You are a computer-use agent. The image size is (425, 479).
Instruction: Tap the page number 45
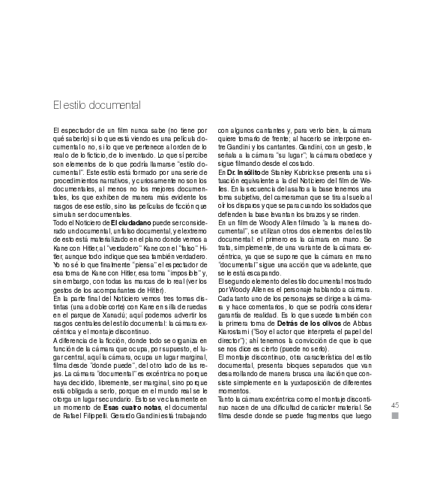pos(395,405)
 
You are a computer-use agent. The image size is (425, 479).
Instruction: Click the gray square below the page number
pos(395,417)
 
